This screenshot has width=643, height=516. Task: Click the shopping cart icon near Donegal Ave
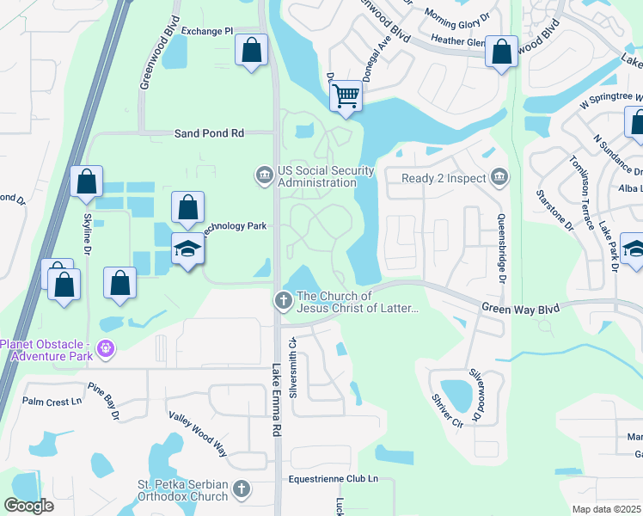[x=346, y=95]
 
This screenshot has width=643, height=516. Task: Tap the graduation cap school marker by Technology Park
[x=187, y=249]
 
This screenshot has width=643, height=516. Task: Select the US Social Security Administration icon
[x=264, y=175]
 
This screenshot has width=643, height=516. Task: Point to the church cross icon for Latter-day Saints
[x=282, y=301]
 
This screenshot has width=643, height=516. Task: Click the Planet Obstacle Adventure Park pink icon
[x=106, y=349]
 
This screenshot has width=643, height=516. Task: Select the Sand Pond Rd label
[x=209, y=133]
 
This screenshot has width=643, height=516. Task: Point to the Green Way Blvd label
[x=520, y=307]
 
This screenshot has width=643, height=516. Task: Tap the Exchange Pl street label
[x=207, y=31]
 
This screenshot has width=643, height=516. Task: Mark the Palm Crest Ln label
[x=52, y=402]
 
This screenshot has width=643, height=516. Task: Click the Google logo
[x=29, y=506]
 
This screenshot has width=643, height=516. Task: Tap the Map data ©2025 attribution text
[x=607, y=509]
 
